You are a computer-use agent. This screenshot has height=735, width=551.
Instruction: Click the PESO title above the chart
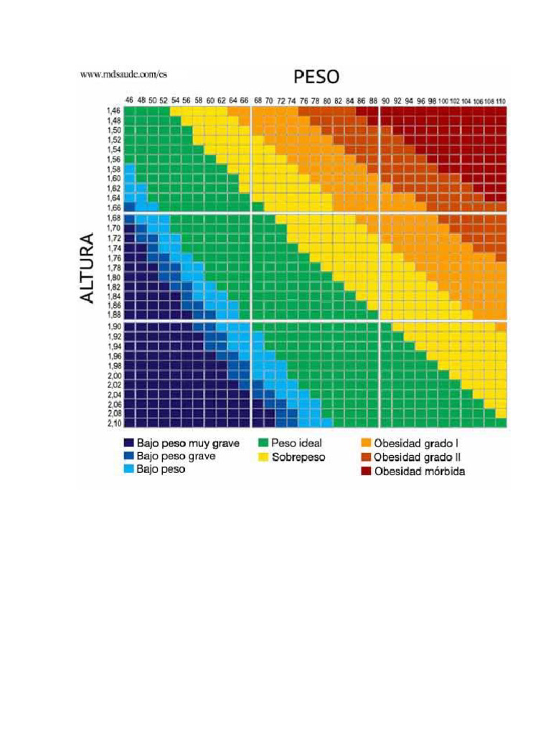tap(315, 77)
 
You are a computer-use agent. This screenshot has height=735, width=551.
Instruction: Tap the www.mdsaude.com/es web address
tap(123, 73)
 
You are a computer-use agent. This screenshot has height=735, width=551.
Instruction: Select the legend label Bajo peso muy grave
tap(188, 443)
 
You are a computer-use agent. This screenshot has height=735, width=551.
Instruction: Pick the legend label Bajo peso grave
tap(176, 456)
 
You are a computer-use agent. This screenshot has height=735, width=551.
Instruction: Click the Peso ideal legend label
tap(296, 443)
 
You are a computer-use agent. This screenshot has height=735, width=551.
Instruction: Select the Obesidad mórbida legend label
tap(419, 472)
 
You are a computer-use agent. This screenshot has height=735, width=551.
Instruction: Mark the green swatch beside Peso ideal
tap(263, 443)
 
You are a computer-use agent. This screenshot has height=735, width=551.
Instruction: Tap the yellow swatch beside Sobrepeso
tap(263, 457)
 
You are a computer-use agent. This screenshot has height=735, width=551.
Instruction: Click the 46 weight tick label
tap(129, 100)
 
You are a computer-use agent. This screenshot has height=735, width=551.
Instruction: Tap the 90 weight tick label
tap(385, 100)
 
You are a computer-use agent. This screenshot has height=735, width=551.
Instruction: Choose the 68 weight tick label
tap(258, 100)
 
